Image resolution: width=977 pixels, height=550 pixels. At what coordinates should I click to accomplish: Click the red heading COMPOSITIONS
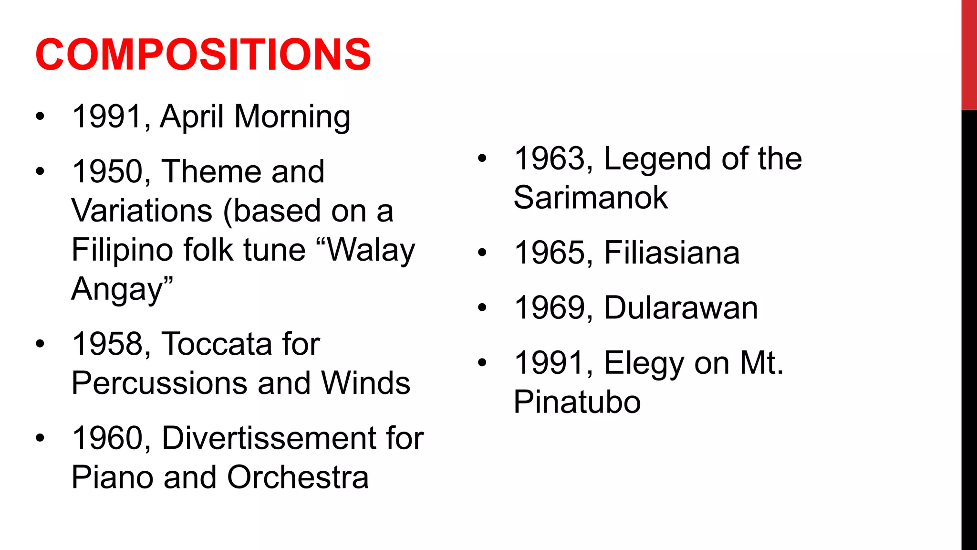click(x=203, y=54)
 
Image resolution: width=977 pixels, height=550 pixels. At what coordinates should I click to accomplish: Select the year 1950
click(x=107, y=171)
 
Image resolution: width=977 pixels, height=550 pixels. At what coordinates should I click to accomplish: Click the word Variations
click(x=142, y=211)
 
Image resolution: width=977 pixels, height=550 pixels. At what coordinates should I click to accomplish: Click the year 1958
click(x=107, y=344)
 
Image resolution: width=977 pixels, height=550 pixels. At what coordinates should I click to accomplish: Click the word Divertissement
click(x=269, y=438)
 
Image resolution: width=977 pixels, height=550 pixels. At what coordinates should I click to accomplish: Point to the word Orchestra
click(x=298, y=477)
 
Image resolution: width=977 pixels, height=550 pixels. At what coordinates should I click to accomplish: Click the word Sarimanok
click(x=591, y=198)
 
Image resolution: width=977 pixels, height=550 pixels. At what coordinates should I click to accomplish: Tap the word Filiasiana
click(x=672, y=253)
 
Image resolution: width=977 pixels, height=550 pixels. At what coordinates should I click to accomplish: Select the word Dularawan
click(x=681, y=308)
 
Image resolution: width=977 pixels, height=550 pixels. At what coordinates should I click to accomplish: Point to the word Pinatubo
click(x=577, y=402)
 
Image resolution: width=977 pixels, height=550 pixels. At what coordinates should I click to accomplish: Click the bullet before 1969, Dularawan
click(x=482, y=308)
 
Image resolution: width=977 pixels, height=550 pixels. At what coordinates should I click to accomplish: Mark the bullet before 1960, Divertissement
click(x=40, y=438)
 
